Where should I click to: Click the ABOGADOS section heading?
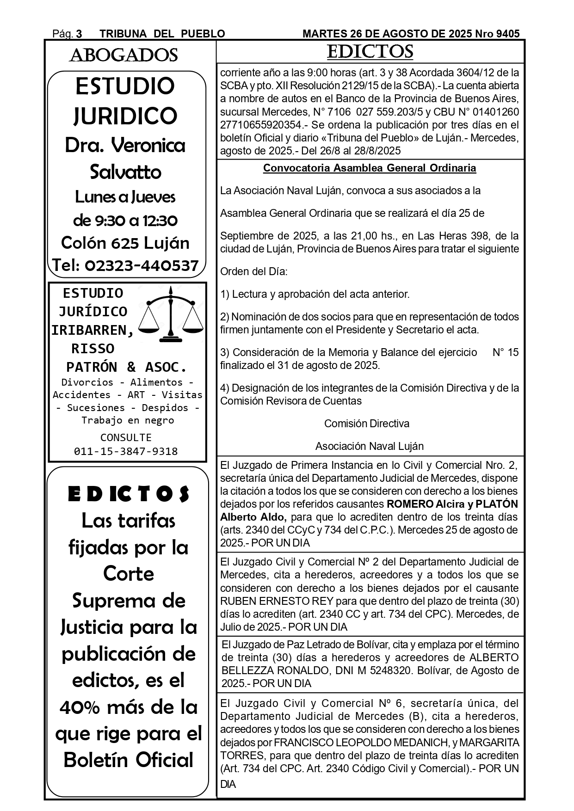123,55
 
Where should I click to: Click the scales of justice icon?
171,315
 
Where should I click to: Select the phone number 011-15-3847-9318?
126,451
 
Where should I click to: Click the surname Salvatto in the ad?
125,172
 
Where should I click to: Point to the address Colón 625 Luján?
125,243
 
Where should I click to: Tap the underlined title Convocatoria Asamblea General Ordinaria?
370,168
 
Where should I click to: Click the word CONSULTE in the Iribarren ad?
126,437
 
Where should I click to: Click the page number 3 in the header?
79,34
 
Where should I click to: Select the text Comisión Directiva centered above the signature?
366,424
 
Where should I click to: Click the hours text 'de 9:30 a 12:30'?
125,220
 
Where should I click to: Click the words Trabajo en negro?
128,420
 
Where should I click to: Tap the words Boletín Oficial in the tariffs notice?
128,760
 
